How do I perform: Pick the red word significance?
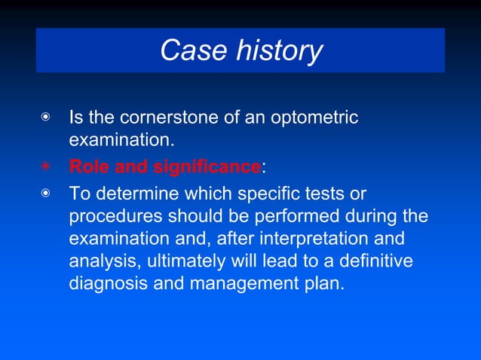(207, 166)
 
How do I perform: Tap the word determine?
(133, 193)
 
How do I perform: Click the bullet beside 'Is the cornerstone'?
(47, 118)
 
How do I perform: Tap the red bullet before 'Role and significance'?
(47, 166)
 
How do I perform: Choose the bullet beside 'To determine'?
(47, 194)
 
